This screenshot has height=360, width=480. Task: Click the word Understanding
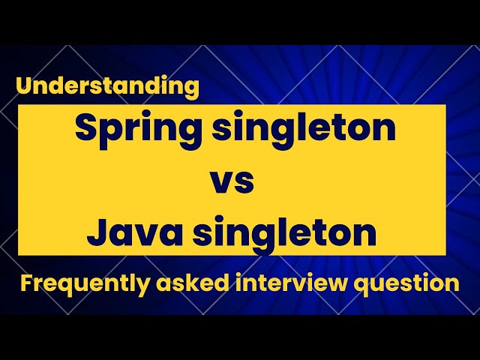click(x=107, y=87)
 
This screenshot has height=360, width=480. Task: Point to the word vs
click(x=232, y=182)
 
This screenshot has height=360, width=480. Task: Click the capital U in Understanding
click(x=22, y=86)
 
